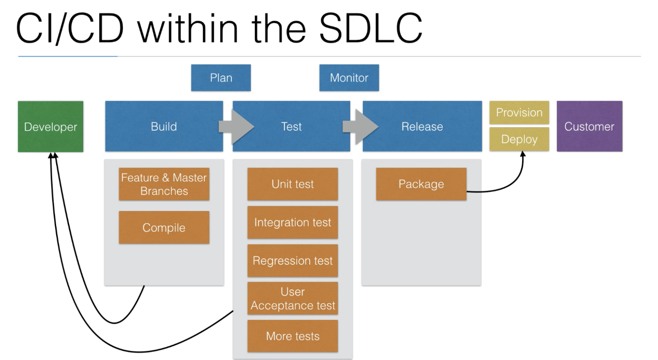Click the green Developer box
click(x=50, y=127)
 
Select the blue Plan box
click(x=221, y=78)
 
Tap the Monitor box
click(x=349, y=78)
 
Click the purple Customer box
click(x=590, y=126)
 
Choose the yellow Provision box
click(x=519, y=113)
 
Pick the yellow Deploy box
click(x=519, y=139)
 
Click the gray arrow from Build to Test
click(x=237, y=127)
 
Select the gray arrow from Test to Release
click(x=360, y=127)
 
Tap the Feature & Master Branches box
click(x=164, y=184)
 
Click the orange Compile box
click(x=164, y=227)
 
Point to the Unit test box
click(x=293, y=184)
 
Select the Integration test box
click(x=293, y=223)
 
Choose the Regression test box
click(x=293, y=261)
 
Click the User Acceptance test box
click(x=293, y=299)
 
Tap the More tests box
click(x=293, y=336)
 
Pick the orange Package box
click(x=421, y=184)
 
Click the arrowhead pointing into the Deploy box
click(x=523, y=154)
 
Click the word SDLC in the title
click(x=371, y=29)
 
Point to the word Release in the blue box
click(x=422, y=127)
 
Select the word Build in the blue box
click(x=164, y=127)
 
